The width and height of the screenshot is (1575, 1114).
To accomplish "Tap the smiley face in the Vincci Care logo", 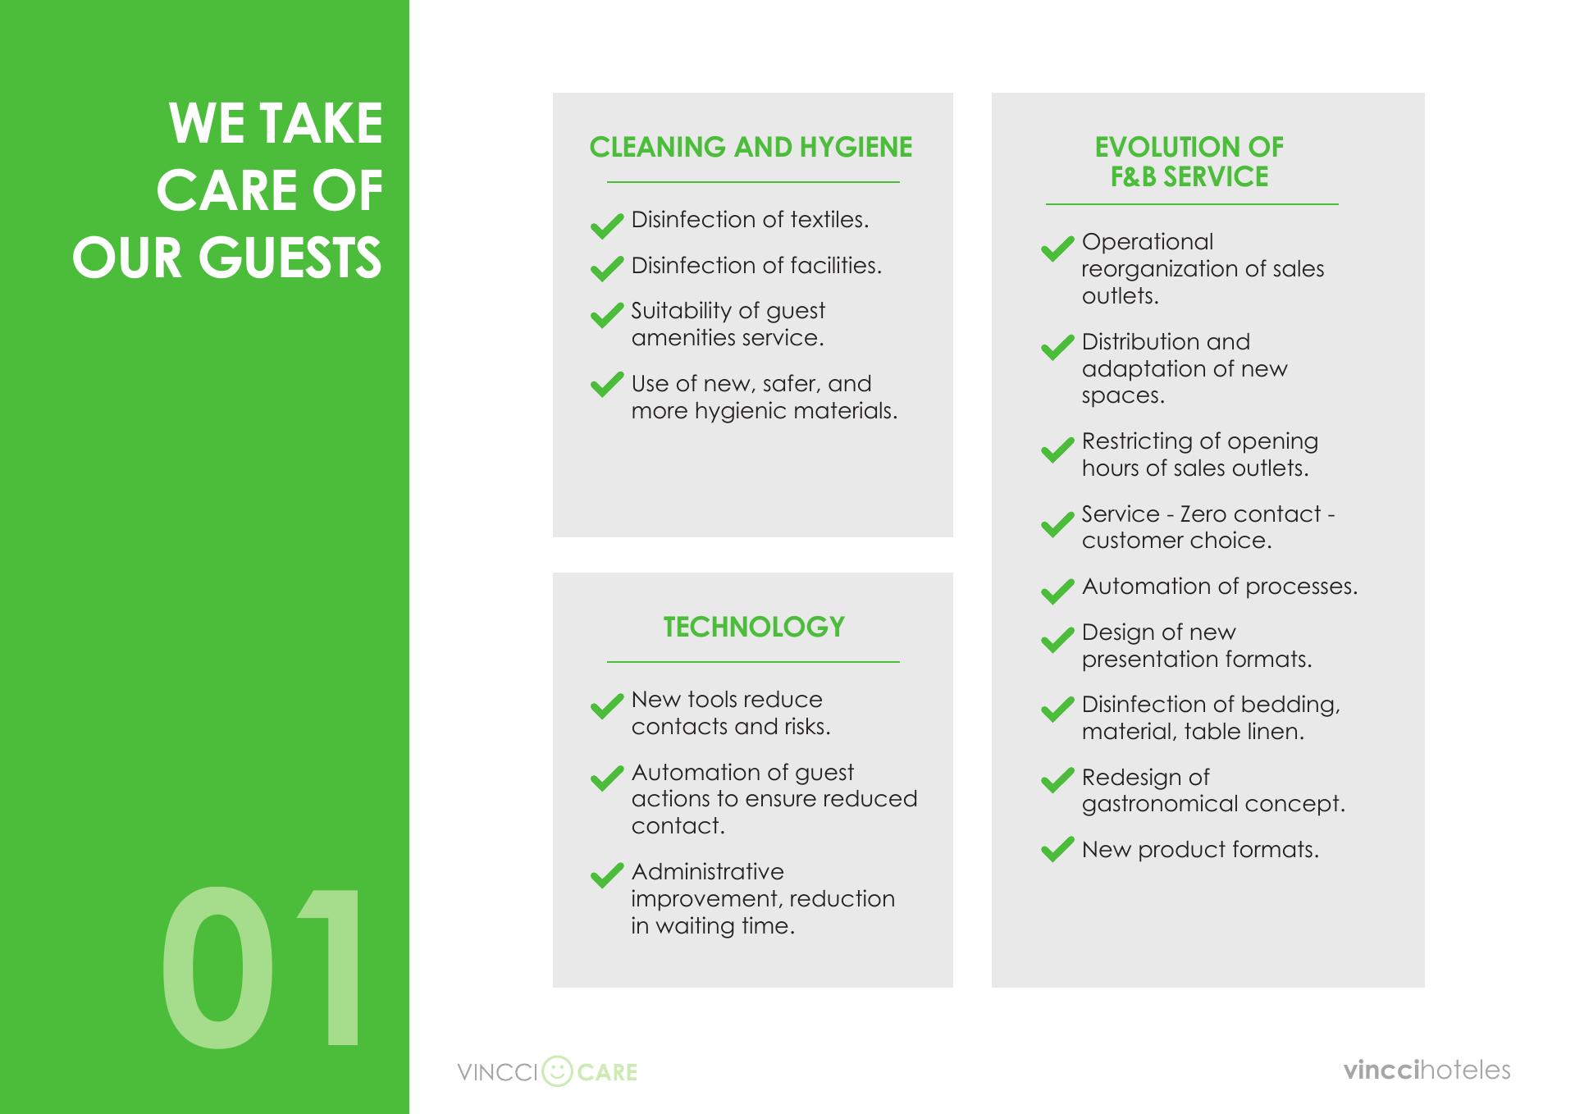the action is [x=558, y=1071].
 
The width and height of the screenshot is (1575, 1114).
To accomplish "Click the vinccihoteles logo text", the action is [x=1427, y=1070].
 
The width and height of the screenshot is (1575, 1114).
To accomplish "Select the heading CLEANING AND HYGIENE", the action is [x=751, y=147].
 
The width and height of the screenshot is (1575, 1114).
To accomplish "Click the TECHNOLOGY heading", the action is [x=754, y=627].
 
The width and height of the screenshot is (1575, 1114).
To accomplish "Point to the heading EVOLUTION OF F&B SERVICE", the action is [x=1189, y=162].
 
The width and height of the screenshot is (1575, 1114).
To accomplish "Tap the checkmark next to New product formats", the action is [x=1057, y=849].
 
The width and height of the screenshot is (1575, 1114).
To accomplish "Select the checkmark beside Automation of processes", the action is [x=1057, y=591].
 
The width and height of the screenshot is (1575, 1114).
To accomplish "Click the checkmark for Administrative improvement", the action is [x=607, y=875].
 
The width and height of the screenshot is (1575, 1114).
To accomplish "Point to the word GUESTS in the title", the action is [x=290, y=258].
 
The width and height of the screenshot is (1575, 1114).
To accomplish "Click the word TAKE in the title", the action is [x=320, y=123].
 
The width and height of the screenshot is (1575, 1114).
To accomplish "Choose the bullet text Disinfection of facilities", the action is [x=756, y=265].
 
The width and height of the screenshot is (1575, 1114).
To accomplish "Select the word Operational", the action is [x=1148, y=243].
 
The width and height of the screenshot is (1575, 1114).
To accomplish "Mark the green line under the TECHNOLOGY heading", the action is [x=753, y=661].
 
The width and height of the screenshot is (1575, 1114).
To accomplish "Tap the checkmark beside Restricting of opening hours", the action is [x=1057, y=449].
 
